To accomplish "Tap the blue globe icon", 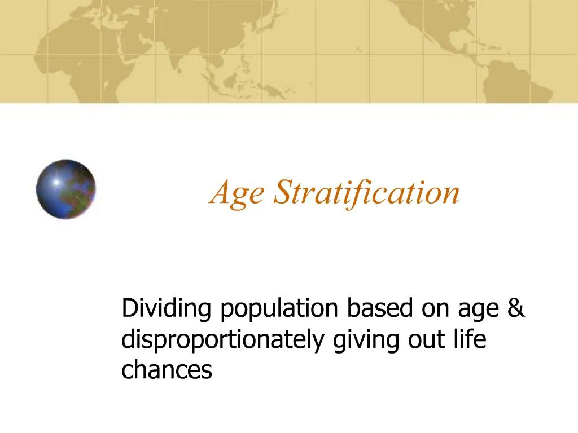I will coord(66,189).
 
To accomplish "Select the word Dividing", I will coord(168,309).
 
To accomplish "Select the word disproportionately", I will coord(225,340).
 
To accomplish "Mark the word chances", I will coord(167,370).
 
